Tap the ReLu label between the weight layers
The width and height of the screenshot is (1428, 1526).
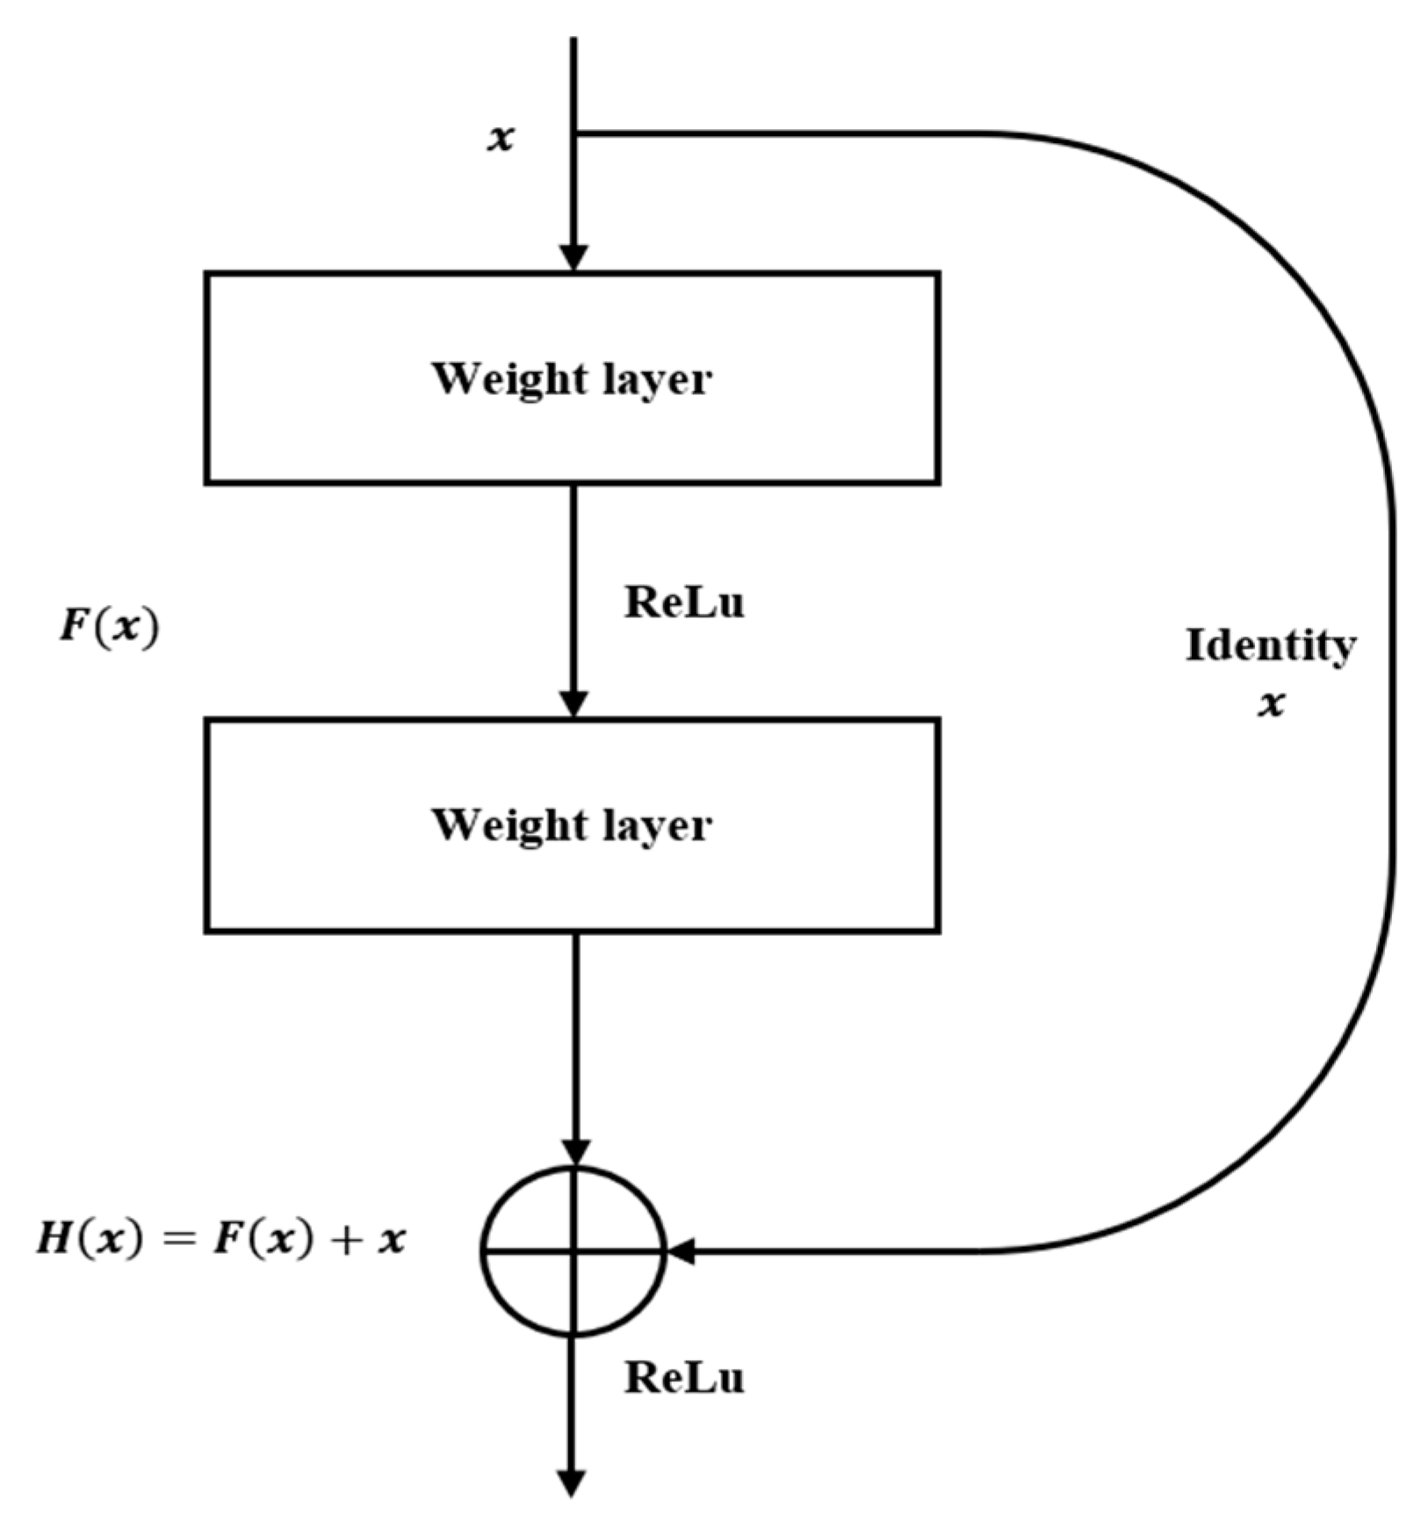(x=684, y=603)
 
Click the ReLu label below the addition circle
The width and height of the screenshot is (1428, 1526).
(x=684, y=1378)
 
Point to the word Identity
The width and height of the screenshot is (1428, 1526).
(x=1270, y=647)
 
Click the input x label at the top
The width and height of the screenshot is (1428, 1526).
(x=501, y=138)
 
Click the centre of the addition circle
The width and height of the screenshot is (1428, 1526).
(x=573, y=1250)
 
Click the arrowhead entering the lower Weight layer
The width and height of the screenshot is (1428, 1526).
(x=573, y=704)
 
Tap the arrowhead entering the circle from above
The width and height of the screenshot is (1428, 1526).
(x=575, y=1152)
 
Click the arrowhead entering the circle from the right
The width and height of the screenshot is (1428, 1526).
(x=682, y=1250)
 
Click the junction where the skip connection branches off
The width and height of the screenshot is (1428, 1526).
(x=574, y=134)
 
